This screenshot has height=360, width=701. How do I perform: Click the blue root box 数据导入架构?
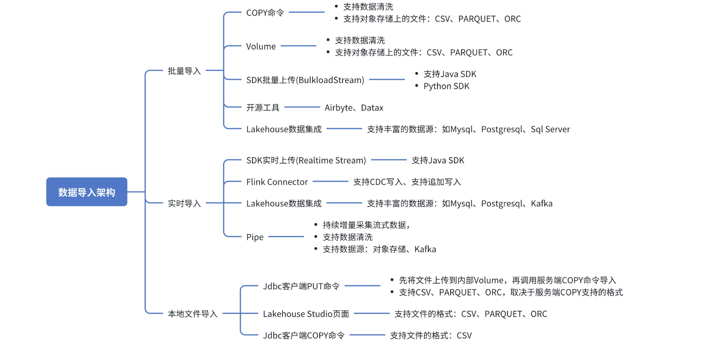tap(86, 192)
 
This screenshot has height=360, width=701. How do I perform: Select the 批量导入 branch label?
tap(184, 71)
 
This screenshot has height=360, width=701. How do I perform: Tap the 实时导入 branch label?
tap(184, 203)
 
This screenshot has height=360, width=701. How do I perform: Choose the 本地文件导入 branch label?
tap(193, 314)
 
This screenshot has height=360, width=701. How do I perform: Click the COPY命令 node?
tap(265, 13)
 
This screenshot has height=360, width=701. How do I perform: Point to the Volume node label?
tap(261, 46)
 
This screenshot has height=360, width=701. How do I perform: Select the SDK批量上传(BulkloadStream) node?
tap(305, 80)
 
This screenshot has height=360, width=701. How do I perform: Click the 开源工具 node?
tap(263, 107)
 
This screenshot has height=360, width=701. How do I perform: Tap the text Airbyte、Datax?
tap(354, 108)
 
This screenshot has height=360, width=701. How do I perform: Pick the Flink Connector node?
tap(277, 182)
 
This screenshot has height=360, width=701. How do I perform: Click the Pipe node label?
tap(255, 237)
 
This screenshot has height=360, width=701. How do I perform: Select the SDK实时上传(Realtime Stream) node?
tap(306, 160)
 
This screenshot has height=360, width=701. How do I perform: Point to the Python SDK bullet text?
tap(446, 86)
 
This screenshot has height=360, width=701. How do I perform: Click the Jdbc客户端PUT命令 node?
tap(301, 286)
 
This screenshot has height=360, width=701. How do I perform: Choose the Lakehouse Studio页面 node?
tap(306, 314)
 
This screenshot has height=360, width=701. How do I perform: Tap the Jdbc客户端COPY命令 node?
tap(304, 335)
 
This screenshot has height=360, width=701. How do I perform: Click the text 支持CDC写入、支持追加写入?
tap(407, 182)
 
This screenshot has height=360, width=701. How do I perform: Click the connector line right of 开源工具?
tap(302, 107)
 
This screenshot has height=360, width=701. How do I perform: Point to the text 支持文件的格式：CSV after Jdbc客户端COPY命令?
tap(431, 335)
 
